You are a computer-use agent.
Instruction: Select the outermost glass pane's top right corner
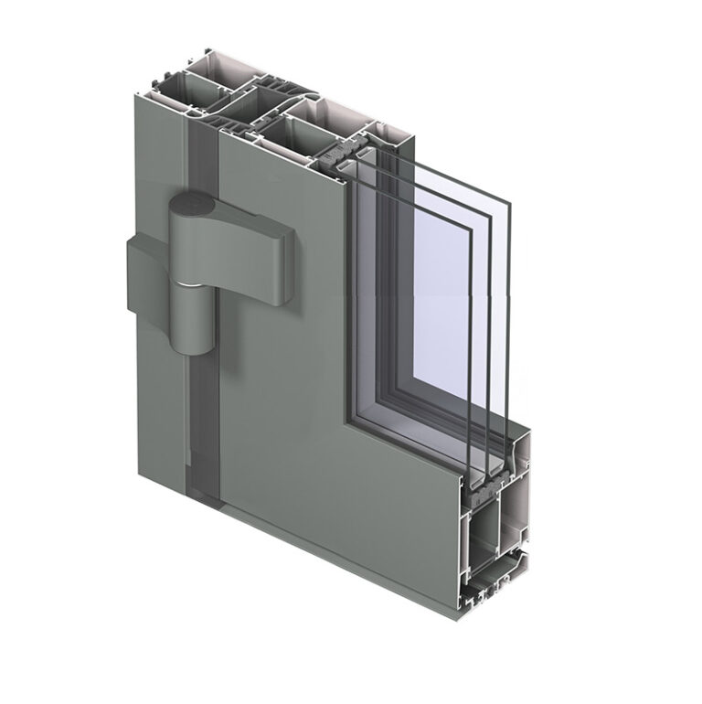click(508, 201)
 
